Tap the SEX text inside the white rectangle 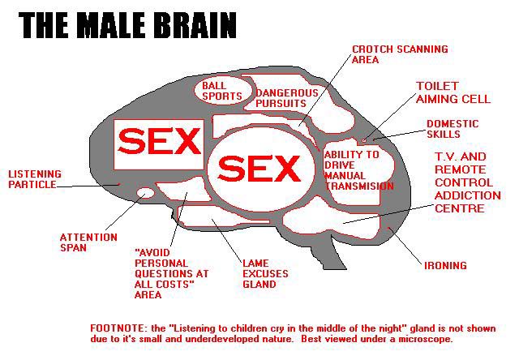pos(159,144)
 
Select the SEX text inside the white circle pos(259,169)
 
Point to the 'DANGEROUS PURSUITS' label pos(280,98)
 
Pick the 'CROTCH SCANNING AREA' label pos(399,54)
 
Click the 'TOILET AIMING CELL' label pos(453,92)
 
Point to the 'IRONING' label pos(445,265)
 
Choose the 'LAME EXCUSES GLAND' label pos(265,274)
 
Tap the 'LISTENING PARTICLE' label pos(32,179)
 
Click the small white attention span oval pos(146,193)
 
